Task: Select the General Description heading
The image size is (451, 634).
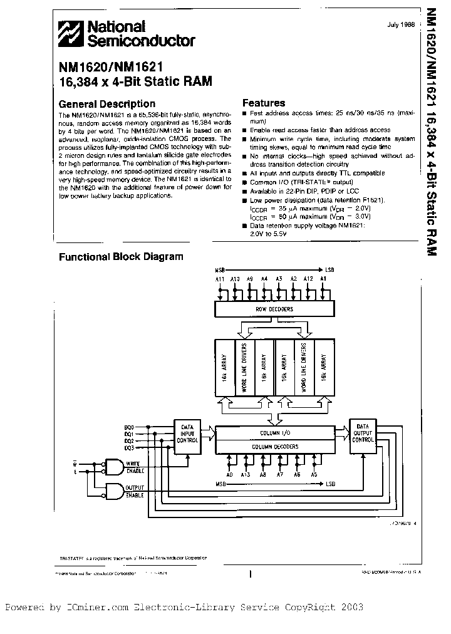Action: click(106, 104)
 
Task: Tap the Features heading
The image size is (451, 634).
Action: click(264, 103)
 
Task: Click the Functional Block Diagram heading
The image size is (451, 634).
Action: click(121, 256)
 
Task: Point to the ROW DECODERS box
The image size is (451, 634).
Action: click(274, 309)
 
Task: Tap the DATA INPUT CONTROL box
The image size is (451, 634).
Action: click(187, 432)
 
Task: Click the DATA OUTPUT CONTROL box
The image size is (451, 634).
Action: click(363, 432)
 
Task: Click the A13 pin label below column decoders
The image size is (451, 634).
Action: click(246, 475)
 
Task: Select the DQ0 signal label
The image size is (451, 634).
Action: click(129, 426)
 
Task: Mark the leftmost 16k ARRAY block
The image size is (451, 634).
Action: click(224, 367)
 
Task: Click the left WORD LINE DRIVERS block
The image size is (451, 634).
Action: click(245, 367)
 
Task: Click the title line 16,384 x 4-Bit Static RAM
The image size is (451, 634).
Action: click(135, 80)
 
